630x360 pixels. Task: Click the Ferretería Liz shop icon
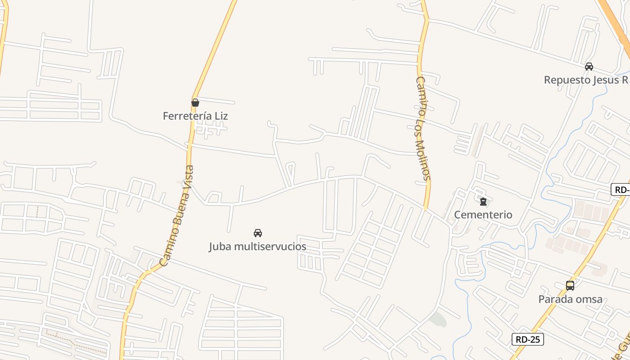click(195, 103)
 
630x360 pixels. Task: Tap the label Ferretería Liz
click(195, 116)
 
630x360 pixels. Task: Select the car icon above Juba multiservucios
click(258, 233)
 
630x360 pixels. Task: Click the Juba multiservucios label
click(257, 247)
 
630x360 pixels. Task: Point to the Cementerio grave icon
click(483, 201)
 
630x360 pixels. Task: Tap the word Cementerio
click(483, 215)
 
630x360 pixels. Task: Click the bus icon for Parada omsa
click(570, 285)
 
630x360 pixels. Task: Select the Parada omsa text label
click(570, 299)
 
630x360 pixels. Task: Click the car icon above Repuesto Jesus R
click(589, 67)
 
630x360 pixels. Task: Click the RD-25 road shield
click(527, 339)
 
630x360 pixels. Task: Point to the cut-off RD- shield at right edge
click(621, 189)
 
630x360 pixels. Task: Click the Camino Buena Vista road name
click(177, 216)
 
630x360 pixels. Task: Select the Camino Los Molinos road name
click(423, 128)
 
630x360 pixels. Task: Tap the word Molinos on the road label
click(424, 160)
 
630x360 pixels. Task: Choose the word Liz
click(221, 116)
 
